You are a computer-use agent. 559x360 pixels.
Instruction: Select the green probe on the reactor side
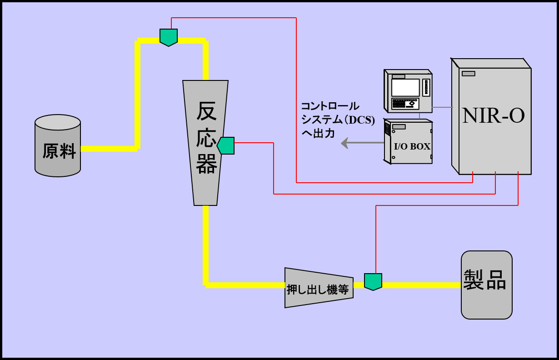226,145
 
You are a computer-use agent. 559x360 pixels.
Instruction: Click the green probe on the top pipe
169,37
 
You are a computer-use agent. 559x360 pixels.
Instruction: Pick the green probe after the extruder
373,281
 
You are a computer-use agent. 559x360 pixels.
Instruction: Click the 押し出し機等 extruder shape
319,288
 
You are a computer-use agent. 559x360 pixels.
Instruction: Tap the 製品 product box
486,285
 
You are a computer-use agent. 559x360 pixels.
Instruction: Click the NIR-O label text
493,116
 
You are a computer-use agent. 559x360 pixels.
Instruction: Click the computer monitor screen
405,87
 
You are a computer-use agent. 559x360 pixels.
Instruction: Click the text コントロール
330,107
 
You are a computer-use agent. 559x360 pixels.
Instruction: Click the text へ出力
318,134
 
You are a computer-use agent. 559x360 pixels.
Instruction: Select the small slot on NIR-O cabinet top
469,74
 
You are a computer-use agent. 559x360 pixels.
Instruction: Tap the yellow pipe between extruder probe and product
420,285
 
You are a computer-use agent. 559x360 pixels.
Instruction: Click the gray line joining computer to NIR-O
442,107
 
